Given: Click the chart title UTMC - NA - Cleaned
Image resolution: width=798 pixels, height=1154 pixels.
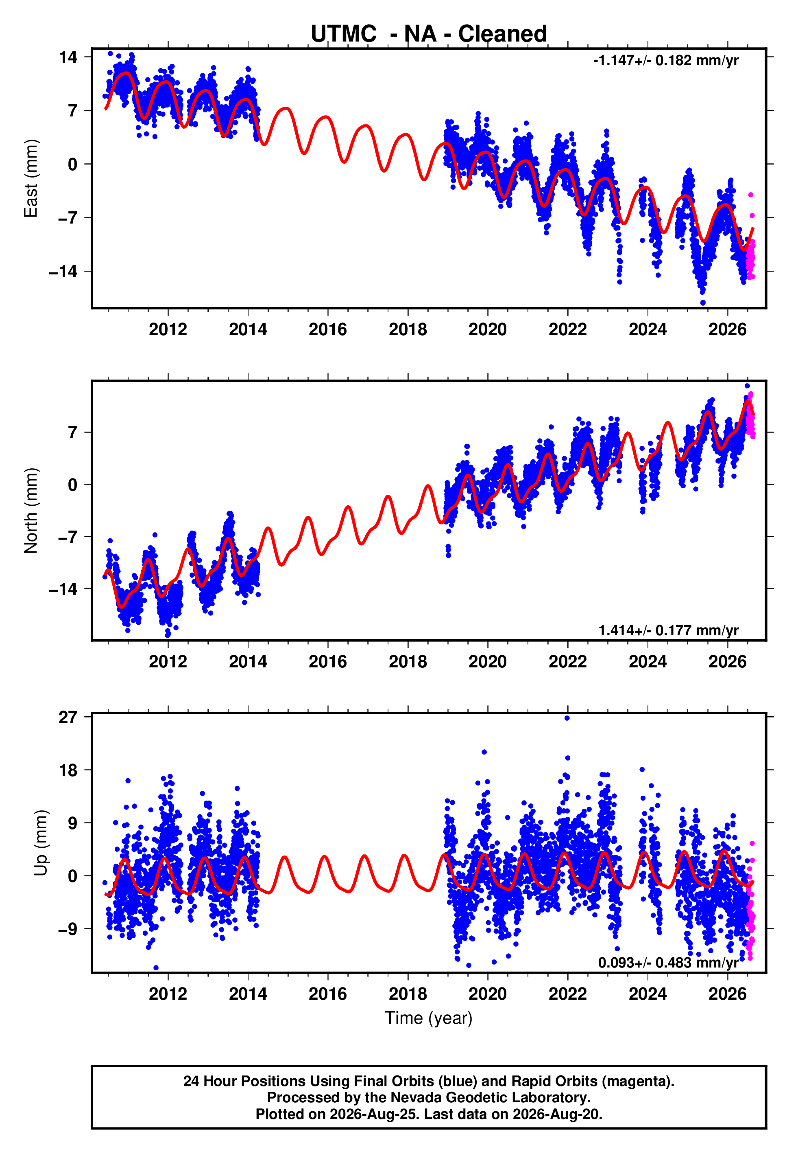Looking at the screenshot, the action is pyautogui.click(x=429, y=34).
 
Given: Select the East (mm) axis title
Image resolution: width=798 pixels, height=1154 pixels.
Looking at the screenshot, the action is pyautogui.click(x=31, y=179).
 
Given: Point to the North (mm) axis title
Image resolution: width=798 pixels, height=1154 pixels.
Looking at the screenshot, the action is pyautogui.click(x=31, y=511).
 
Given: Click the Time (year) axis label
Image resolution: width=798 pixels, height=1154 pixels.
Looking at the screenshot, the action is pyautogui.click(x=429, y=1018).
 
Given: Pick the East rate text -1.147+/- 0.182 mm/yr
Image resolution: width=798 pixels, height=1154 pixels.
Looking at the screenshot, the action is pyautogui.click(x=665, y=61).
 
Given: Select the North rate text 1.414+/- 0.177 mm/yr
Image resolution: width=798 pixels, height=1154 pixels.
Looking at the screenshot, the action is pyautogui.click(x=669, y=630).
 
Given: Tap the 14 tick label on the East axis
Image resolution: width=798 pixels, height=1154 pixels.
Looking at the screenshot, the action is pyautogui.click(x=68, y=57).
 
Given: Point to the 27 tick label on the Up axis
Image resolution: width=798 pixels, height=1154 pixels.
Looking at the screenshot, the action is pyautogui.click(x=68, y=717).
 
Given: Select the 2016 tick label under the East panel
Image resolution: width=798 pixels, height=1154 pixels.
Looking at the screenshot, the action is pyautogui.click(x=327, y=329).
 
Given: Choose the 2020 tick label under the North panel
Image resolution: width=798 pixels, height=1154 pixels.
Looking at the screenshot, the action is pyautogui.click(x=488, y=662).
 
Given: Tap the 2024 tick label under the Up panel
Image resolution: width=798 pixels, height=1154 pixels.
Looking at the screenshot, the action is pyautogui.click(x=648, y=994).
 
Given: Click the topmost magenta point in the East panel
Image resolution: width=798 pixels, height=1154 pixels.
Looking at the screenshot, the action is pyautogui.click(x=750, y=195).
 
